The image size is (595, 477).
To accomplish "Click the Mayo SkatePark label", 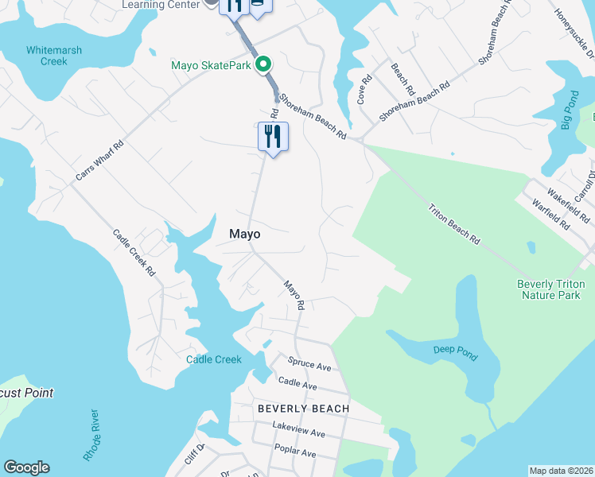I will pos(211,65).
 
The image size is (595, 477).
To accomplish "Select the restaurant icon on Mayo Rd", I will pos(273,137).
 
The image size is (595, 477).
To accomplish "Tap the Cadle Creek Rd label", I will pos(134,252).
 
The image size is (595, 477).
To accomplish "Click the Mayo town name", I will pos(245,235).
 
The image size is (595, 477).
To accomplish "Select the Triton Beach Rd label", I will pos(454,224).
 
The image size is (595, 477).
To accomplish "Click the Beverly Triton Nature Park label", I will pos(550,289).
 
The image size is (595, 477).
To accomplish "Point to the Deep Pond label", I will pos(456,352).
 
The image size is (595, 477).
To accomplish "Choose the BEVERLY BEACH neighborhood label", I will pos(303,409).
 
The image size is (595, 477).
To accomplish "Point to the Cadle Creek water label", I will pos(213,359).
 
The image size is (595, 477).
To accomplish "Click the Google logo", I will pos(27,467).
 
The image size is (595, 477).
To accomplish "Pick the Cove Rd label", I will pos(364,90).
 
